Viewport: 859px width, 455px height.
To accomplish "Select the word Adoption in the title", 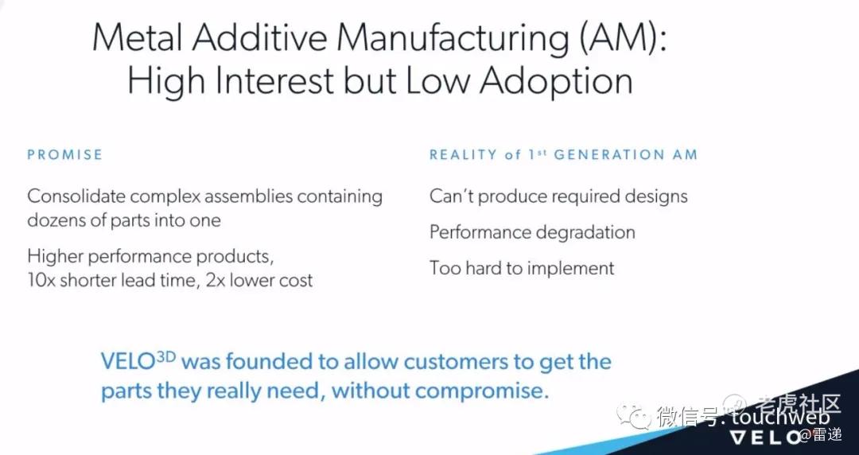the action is [x=557, y=81].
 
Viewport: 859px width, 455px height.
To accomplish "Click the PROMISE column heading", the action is [x=64, y=154].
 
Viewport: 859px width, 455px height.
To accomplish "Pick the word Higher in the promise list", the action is [x=54, y=256].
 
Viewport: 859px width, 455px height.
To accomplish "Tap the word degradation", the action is [x=585, y=232].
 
